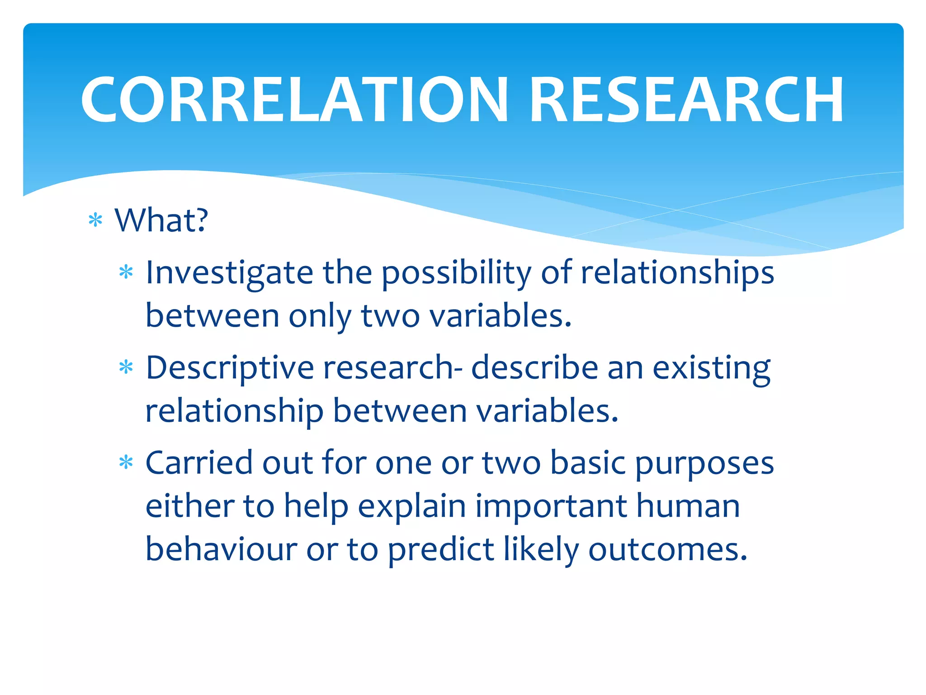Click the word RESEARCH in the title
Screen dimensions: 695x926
[x=686, y=100]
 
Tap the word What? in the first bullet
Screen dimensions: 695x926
[x=161, y=220]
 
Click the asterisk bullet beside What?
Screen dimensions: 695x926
[x=95, y=221]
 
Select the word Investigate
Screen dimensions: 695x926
[x=229, y=273]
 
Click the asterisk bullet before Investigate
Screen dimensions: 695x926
[x=126, y=272]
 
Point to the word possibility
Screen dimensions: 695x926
[x=457, y=273]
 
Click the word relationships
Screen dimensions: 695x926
[x=677, y=273]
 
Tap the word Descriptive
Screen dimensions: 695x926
[x=230, y=367]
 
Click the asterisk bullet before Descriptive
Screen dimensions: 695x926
[x=126, y=367]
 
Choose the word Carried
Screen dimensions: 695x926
[x=199, y=463]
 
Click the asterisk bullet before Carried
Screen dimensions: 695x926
[x=126, y=463]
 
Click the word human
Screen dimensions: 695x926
[x=688, y=506]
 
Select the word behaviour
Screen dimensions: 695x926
[x=221, y=549]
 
